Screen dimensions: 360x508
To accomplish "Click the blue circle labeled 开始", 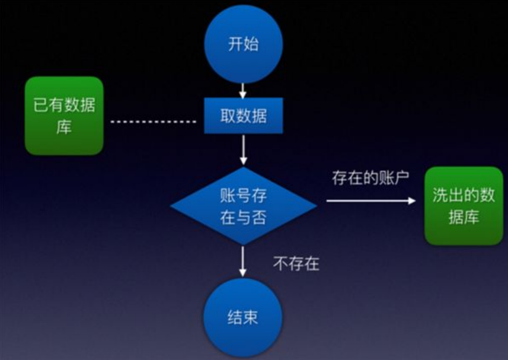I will [243, 44].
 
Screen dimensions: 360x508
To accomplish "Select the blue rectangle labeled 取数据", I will [243, 116].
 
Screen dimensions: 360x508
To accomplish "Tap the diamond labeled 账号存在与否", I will [243, 205].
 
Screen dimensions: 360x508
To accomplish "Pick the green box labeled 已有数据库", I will [64, 116].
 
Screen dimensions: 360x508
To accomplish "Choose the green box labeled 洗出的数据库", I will [464, 205].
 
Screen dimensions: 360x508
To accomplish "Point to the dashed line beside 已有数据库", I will [153, 122].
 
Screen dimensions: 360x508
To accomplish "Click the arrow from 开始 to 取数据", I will [243, 90].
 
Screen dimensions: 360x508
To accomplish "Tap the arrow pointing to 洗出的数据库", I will [370, 201].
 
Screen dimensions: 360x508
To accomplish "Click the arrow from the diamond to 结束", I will [243, 260].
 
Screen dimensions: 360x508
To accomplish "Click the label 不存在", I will [296, 263].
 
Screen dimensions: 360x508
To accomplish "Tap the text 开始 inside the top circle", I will [243, 44].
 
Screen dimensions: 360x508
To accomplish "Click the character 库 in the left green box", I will [64, 127].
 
